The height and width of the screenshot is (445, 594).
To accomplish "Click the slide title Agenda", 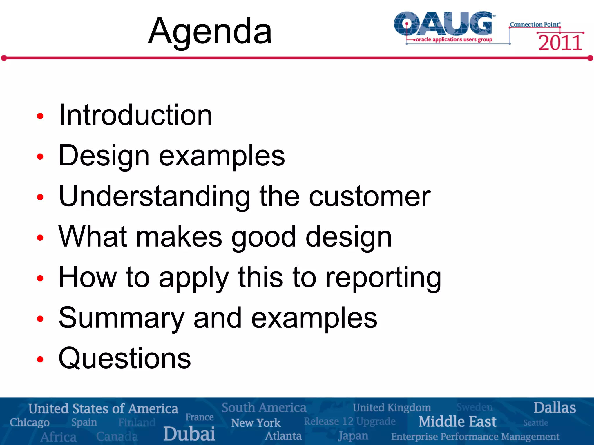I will click(x=210, y=31).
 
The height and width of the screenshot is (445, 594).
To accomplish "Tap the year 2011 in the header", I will click(x=560, y=43).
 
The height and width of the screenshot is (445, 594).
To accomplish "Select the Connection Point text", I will click(x=535, y=25).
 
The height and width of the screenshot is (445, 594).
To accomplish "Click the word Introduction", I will click(x=135, y=115).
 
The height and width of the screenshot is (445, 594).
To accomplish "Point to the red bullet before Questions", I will click(x=40, y=360).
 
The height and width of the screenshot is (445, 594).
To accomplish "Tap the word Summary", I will click(x=121, y=318).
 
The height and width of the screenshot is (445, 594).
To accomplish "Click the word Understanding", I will click(x=154, y=196).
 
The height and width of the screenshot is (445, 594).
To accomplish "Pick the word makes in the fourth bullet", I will click(x=179, y=237).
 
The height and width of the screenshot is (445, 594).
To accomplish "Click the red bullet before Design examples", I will click(x=40, y=157).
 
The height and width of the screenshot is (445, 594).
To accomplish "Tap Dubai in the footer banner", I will click(x=189, y=434).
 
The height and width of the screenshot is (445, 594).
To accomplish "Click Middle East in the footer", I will click(x=457, y=422).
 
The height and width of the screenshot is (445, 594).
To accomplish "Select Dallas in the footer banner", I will click(x=554, y=408).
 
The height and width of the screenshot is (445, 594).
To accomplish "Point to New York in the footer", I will click(x=256, y=423).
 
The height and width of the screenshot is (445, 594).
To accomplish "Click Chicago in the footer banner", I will click(x=30, y=422).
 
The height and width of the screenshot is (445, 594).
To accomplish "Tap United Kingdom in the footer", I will click(x=392, y=408).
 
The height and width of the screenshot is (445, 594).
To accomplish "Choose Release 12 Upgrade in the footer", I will click(x=349, y=421).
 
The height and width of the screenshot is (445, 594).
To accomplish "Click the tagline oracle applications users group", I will click(x=454, y=39).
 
